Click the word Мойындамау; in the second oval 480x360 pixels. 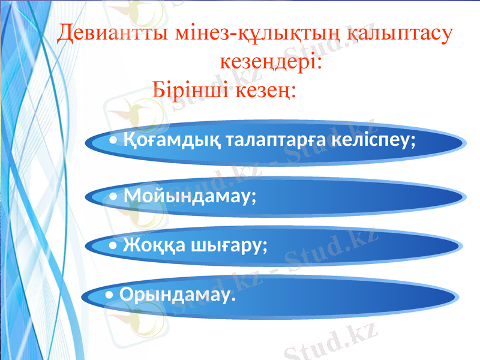coord(190,196)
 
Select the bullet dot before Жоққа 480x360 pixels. coord(114,247)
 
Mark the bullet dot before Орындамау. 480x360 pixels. coord(108,296)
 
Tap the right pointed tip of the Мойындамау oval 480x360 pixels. coord(463,197)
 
